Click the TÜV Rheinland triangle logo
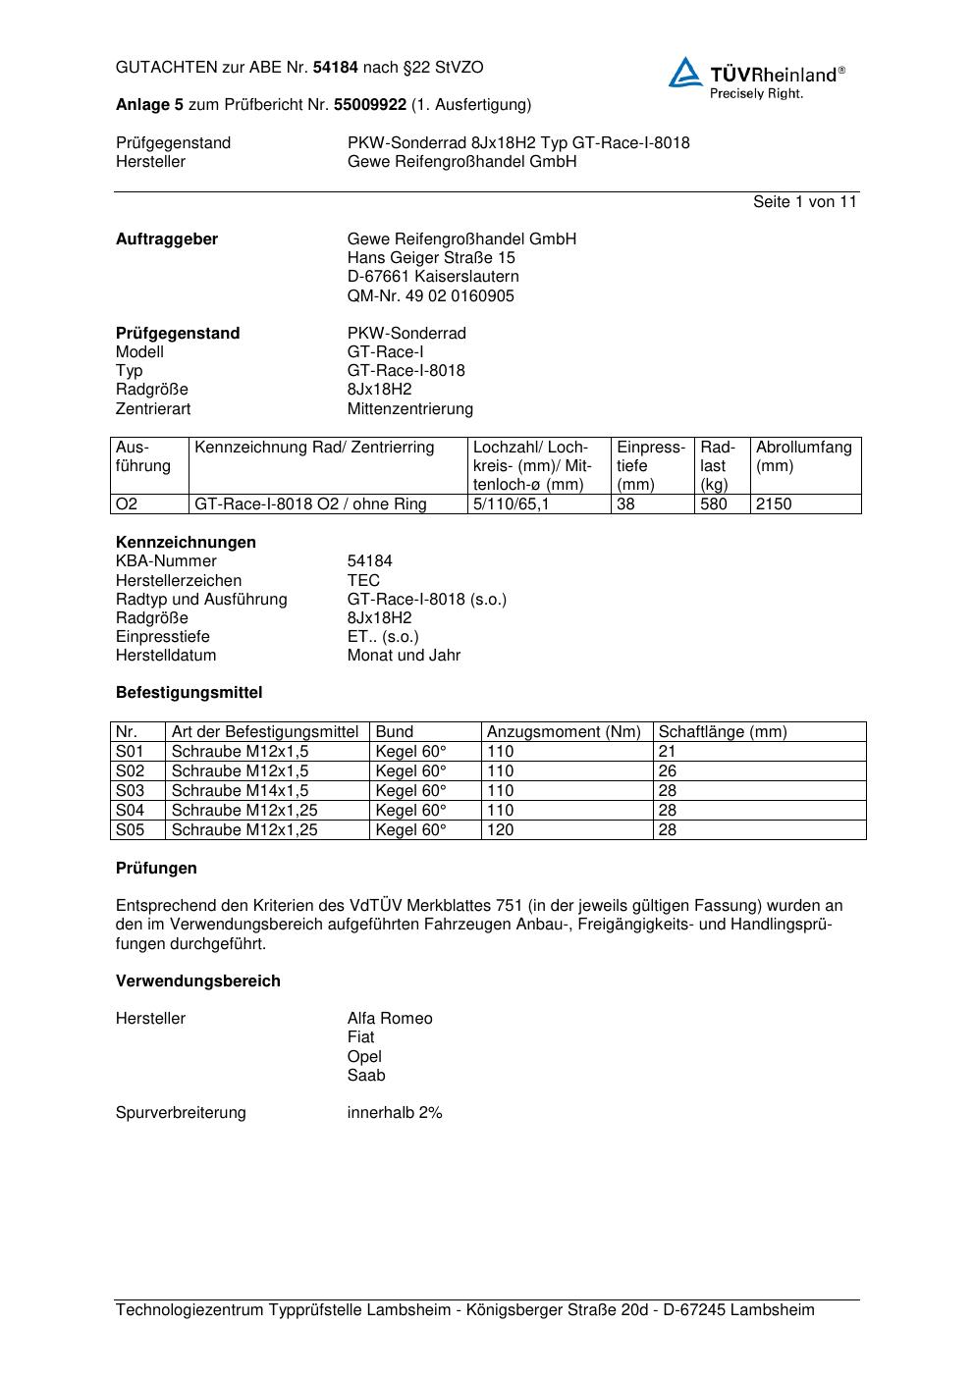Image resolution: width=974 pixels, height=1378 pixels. coord(685,74)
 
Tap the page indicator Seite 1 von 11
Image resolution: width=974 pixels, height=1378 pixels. coord(804,202)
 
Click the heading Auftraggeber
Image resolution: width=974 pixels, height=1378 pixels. coord(167,239)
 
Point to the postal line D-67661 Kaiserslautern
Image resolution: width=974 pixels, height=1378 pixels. coord(433,277)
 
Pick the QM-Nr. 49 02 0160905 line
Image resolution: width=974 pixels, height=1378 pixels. coord(430,296)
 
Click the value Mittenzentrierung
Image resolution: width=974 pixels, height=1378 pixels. coord(409,408)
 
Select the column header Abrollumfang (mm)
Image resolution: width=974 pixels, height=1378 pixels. coord(803,456)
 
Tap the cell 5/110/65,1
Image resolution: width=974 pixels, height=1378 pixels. coord(511,504)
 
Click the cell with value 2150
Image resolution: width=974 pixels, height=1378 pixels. coord(774,504)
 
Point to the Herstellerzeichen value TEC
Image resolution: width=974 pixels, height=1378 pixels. coord(363,580)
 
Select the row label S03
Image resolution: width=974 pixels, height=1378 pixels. coord(130,791)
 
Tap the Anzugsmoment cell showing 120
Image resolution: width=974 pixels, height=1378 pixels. coord(500,830)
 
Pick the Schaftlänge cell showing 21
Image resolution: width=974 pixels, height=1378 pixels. coord(667,752)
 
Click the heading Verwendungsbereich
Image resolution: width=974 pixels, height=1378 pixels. coord(197,981)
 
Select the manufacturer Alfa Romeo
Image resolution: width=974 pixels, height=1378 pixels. coord(389,1019)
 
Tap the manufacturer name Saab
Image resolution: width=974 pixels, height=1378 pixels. coord(366,1076)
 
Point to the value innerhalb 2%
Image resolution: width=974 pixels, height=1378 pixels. coord(395,1113)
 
